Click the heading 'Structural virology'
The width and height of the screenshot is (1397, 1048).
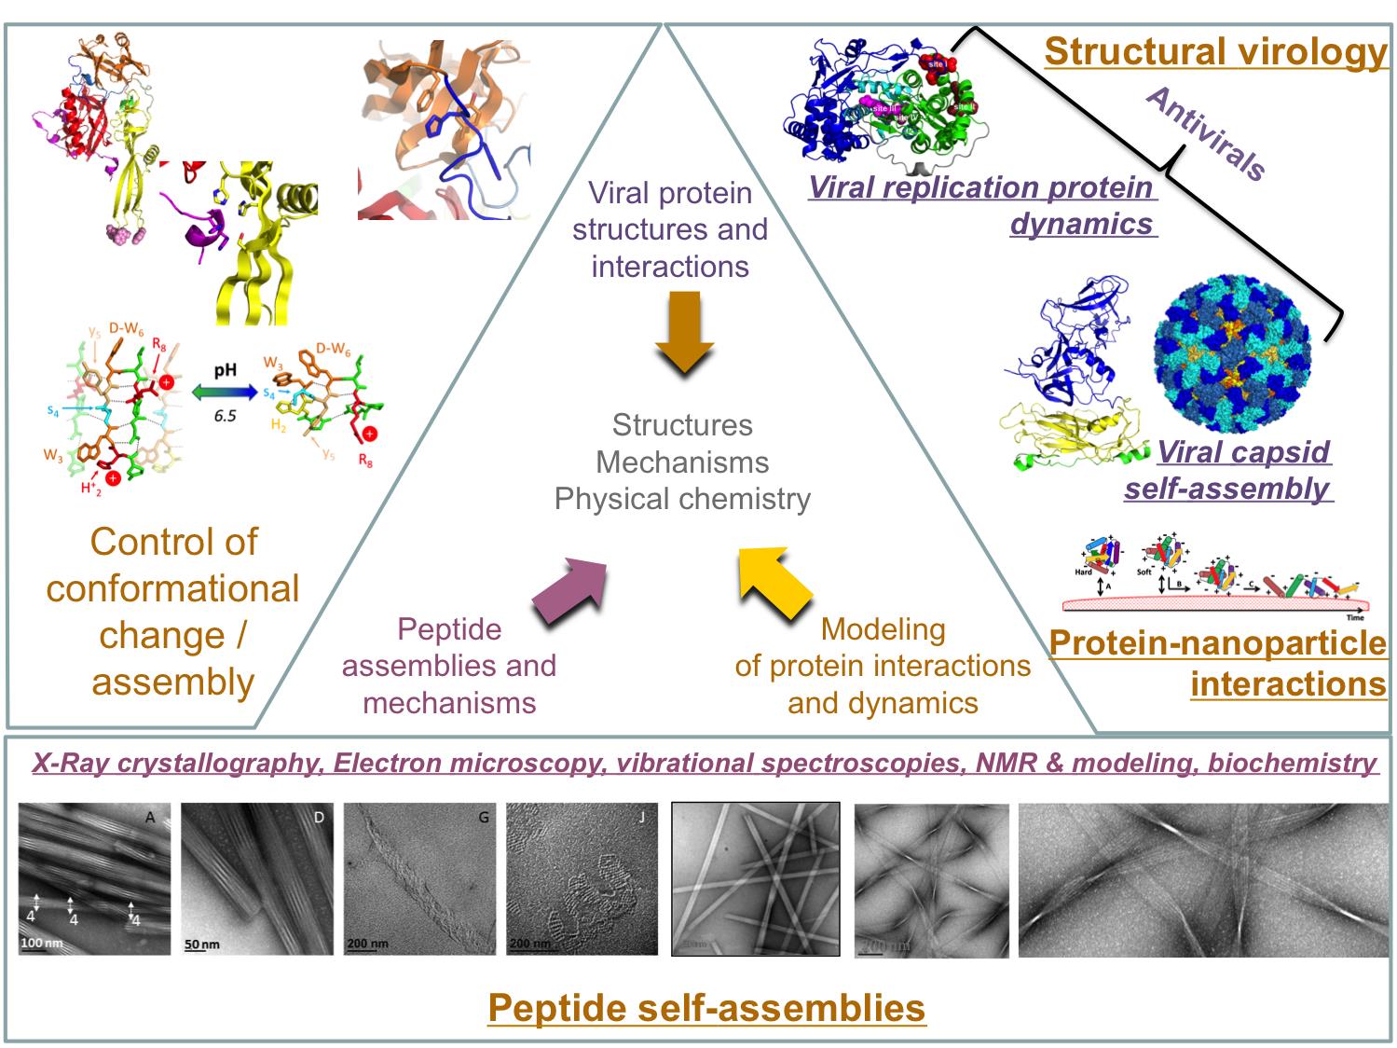pos(1215,51)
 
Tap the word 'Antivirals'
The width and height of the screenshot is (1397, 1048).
pos(1206,133)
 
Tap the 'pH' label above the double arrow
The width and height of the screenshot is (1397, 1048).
pos(225,370)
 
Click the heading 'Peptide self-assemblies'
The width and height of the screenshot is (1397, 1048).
pos(706,1008)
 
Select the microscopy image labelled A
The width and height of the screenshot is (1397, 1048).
pos(94,878)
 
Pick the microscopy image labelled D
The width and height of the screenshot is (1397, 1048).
pos(256,878)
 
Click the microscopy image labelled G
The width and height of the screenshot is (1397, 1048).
pos(419,878)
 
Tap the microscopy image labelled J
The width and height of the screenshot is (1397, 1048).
pos(582,878)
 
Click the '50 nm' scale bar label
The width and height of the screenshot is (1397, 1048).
pos(202,945)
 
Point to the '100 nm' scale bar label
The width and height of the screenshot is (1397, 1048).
pos(44,944)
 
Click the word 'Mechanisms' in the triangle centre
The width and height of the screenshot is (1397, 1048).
pos(682,462)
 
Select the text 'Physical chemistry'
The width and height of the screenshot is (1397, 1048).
pos(682,500)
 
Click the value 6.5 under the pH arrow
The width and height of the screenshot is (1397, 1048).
pos(225,415)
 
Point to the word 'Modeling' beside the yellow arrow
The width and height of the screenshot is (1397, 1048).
pos(883,629)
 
